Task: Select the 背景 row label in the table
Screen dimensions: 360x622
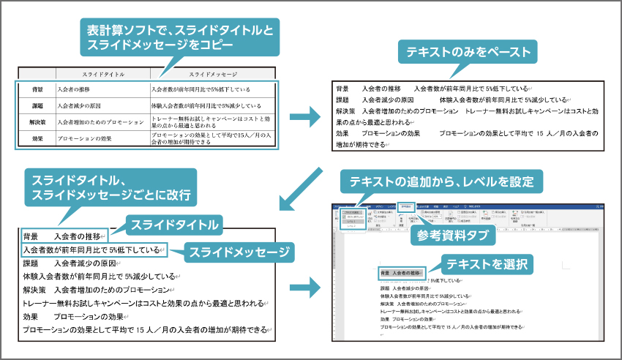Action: tap(37, 89)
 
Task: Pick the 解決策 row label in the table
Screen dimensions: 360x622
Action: tap(37, 121)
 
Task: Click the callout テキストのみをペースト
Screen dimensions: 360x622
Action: tap(468, 52)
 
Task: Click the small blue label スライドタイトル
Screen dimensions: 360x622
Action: tap(174, 223)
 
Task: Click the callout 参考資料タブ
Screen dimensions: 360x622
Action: tap(451, 236)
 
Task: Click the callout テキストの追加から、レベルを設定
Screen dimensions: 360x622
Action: tap(441, 181)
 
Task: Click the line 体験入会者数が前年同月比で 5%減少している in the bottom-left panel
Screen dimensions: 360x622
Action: tap(99, 277)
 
